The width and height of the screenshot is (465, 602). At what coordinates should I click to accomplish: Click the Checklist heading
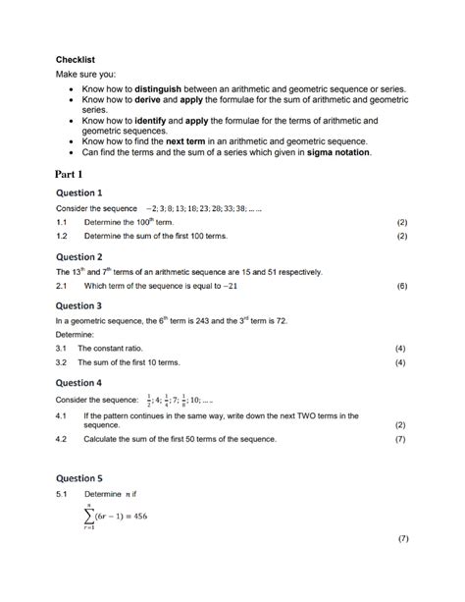(75, 59)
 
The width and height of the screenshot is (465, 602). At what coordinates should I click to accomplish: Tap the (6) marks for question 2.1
(401, 286)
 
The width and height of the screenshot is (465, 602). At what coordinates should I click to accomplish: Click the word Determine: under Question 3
(75, 334)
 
